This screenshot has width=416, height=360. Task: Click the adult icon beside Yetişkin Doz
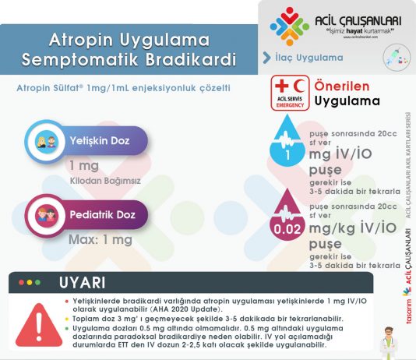pyautogui.click(x=44, y=142)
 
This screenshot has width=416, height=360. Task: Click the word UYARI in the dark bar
pyautogui.click(x=83, y=282)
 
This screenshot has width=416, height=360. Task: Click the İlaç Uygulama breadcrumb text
pyautogui.click(x=309, y=58)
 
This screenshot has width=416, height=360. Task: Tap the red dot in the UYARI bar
pyautogui.click(x=21, y=282)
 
